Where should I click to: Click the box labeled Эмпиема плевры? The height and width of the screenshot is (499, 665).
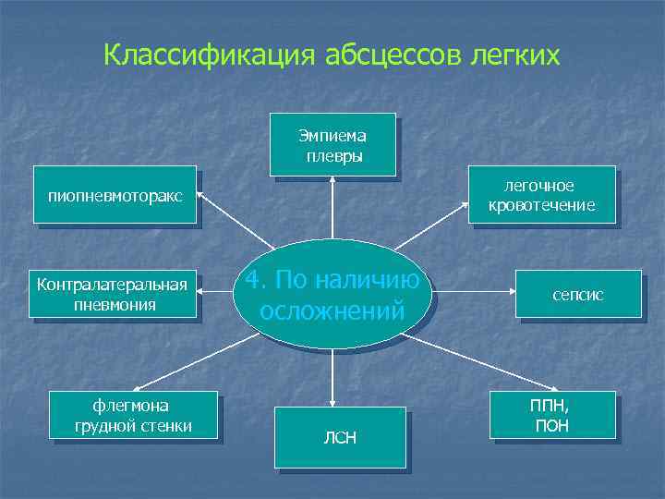(x=332, y=144)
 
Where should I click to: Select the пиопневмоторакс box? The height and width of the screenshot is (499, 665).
(x=115, y=195)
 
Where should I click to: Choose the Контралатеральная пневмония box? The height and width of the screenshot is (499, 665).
(x=115, y=294)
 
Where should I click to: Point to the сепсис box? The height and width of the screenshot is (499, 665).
(x=579, y=294)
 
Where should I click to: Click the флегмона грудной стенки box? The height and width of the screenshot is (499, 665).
(x=136, y=415)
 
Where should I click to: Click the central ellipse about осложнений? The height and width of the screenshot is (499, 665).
(x=332, y=294)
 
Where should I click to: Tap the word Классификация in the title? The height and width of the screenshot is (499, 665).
(x=211, y=55)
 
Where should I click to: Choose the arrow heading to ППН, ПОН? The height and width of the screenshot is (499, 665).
(x=471, y=362)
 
